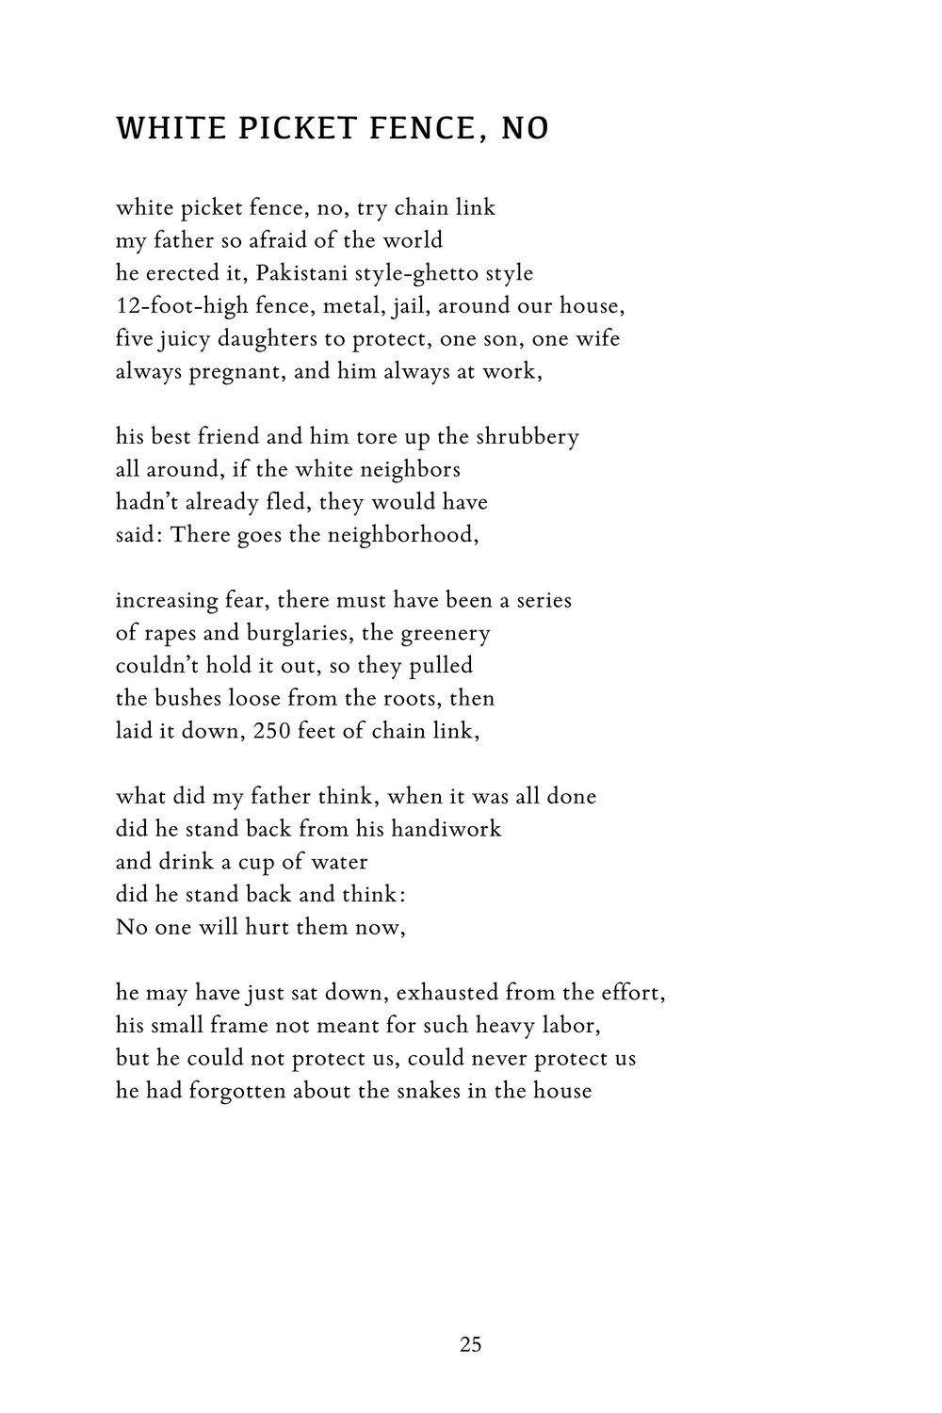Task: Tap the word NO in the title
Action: tap(525, 128)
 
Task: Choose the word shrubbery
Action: tap(530, 437)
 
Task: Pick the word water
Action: tap(337, 862)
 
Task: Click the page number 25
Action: tap(471, 1344)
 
